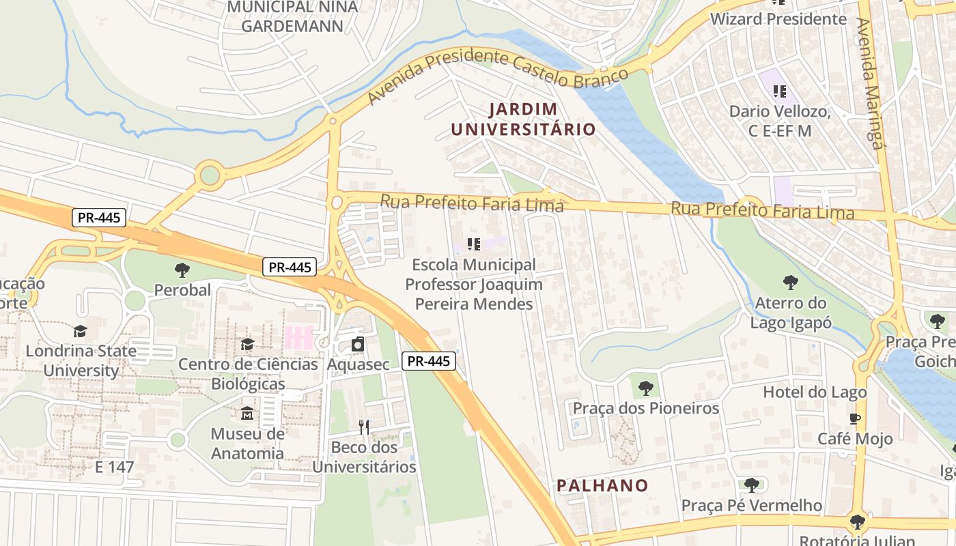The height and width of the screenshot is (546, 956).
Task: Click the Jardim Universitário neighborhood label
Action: pyautogui.click(x=523, y=119)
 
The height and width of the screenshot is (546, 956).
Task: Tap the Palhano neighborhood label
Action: pyautogui.click(x=602, y=486)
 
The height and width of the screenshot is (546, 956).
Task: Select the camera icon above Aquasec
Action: pyautogui.click(x=358, y=345)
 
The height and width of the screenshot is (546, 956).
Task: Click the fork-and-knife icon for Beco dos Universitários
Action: pyautogui.click(x=364, y=427)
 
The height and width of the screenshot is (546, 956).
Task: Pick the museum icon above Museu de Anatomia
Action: pyautogui.click(x=247, y=414)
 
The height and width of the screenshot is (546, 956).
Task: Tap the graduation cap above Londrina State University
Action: pyautogui.click(x=81, y=331)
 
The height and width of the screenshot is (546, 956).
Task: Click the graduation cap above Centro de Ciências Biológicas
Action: pyautogui.click(x=247, y=344)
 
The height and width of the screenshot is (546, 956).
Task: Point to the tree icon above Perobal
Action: pyautogui.click(x=182, y=270)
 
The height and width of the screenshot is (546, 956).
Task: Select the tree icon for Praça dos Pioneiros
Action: pyautogui.click(x=645, y=388)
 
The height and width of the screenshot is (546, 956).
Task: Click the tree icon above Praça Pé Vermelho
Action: pyautogui.click(x=751, y=485)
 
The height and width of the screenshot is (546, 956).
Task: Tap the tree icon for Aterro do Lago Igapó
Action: pyautogui.click(x=790, y=283)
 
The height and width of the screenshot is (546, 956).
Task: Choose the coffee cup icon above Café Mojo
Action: pyautogui.click(x=854, y=418)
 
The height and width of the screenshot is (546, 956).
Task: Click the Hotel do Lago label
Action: pyautogui.click(x=815, y=392)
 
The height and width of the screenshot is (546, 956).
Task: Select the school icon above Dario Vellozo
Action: pyautogui.click(x=779, y=91)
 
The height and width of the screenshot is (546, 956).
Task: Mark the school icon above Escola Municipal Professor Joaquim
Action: pyautogui.click(x=473, y=244)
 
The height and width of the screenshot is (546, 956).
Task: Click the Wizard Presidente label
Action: pyautogui.click(x=778, y=19)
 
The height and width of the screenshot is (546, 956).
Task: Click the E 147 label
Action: pyautogui.click(x=115, y=468)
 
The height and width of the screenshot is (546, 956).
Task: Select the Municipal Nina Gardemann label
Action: pyautogui.click(x=292, y=16)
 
